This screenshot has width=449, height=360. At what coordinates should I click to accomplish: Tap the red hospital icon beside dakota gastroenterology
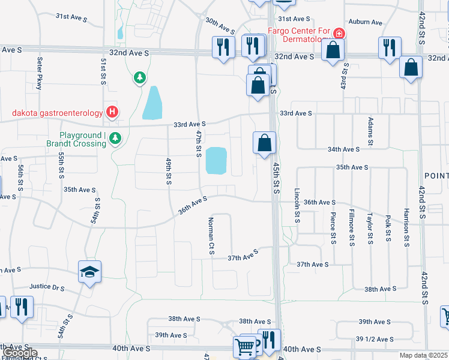[x=112, y=112]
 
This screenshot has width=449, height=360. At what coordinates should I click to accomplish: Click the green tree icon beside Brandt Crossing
[x=115, y=139]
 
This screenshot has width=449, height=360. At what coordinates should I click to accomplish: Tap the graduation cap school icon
[x=89, y=272]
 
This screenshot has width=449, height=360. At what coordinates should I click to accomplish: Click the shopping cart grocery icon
[x=245, y=346]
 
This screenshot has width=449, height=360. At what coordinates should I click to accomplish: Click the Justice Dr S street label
[x=49, y=288]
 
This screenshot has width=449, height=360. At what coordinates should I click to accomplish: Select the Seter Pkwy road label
[x=40, y=73]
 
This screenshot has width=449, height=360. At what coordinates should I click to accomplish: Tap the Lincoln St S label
[x=297, y=205]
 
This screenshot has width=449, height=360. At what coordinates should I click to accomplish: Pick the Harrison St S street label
[x=406, y=227]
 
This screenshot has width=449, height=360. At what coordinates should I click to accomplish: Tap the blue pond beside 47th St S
[x=216, y=160]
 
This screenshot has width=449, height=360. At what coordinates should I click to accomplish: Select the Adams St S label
[x=370, y=132]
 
